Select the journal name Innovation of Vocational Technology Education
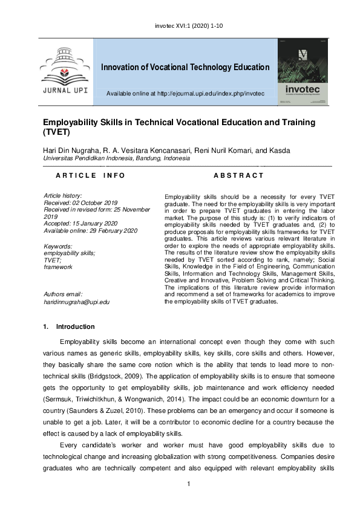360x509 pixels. [185, 67]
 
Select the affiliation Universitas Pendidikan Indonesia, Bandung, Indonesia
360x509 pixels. [116, 158]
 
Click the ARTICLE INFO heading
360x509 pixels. [90, 175]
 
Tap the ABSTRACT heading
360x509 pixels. [239, 175]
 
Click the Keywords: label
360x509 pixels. [58, 246]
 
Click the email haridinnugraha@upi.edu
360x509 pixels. [77, 301]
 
